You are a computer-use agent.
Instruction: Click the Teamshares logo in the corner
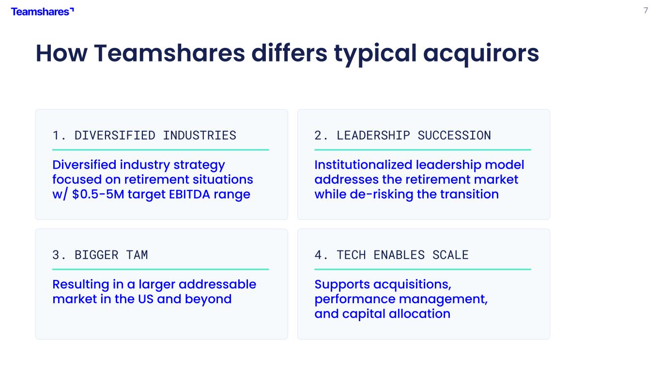pyautogui.click(x=42, y=12)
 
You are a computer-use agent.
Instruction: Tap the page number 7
pyautogui.click(x=646, y=11)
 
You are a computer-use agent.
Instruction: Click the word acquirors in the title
pyautogui.click(x=481, y=54)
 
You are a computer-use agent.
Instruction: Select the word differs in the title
pyautogui.click(x=289, y=53)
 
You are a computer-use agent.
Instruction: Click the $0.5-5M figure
pyautogui.click(x=98, y=194)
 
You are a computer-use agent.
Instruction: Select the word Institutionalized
pyautogui.click(x=363, y=165)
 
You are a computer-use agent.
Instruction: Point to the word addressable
pyautogui.click(x=217, y=284)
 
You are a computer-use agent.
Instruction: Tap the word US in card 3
pyautogui.click(x=146, y=299)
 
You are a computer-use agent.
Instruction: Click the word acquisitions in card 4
pyautogui.click(x=412, y=285)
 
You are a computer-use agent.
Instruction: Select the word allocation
pyautogui.click(x=420, y=314)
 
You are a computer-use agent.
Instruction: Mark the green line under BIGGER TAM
pyautogui.click(x=161, y=269)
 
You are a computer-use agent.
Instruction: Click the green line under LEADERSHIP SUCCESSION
pyautogui.click(x=423, y=150)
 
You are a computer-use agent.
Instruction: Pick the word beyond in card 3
pyautogui.click(x=208, y=299)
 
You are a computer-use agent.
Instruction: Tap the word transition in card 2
pyautogui.click(x=470, y=194)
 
